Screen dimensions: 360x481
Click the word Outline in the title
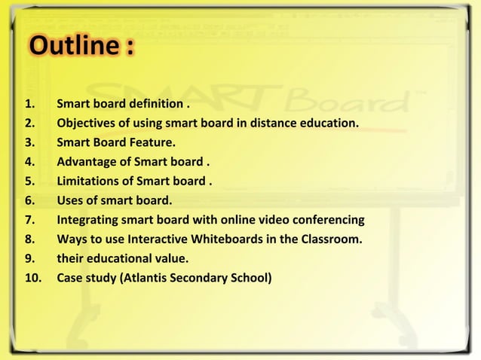tap(72, 47)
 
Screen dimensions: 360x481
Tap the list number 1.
tap(28, 103)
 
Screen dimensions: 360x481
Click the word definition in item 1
tap(155, 103)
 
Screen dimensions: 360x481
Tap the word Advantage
tap(86, 162)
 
